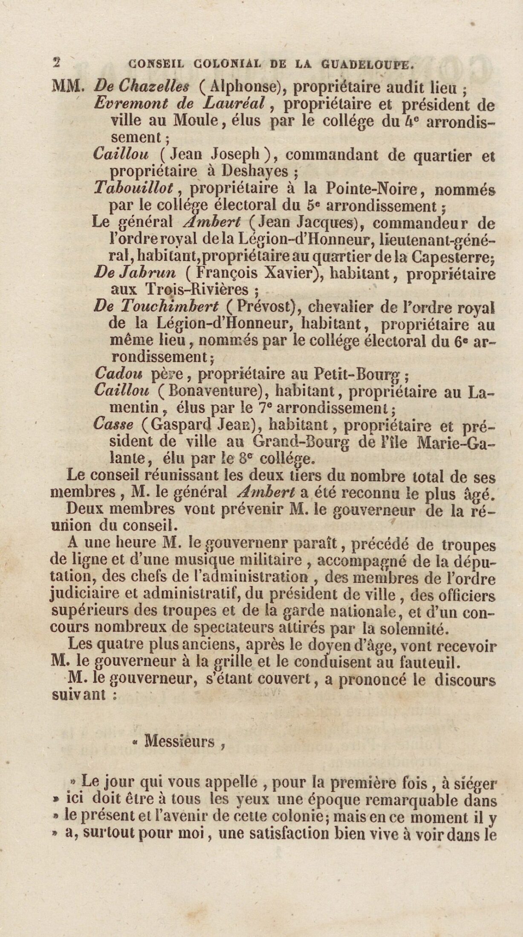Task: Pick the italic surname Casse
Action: coord(113,424)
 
